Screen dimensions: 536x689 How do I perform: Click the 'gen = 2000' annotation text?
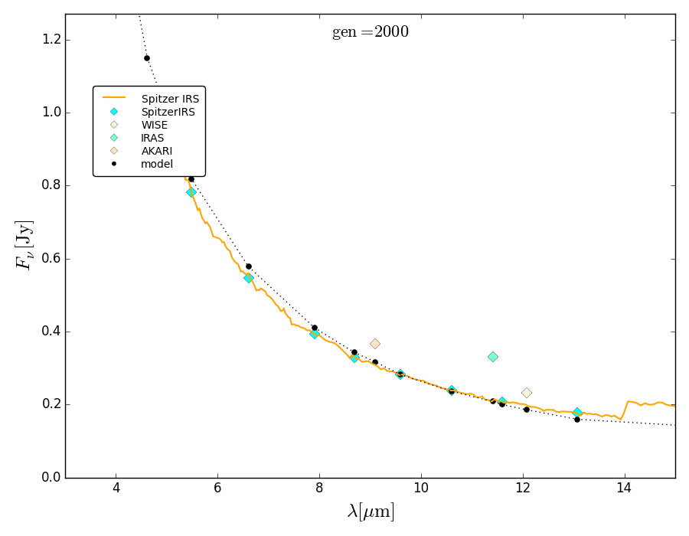click(370, 33)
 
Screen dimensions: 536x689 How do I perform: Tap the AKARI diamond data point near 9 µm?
click(375, 344)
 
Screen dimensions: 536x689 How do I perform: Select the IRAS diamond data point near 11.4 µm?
click(493, 357)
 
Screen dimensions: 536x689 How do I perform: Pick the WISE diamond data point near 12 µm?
click(527, 393)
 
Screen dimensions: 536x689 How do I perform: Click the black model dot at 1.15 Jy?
click(147, 58)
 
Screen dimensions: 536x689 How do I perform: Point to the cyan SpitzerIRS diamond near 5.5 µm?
click(191, 192)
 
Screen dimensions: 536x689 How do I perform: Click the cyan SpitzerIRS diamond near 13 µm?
click(577, 413)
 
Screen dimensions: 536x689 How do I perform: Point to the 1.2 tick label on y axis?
click(51, 40)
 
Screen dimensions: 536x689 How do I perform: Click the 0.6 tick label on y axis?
click(51, 259)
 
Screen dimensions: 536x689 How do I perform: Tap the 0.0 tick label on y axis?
click(51, 478)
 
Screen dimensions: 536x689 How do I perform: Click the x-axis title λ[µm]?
click(371, 511)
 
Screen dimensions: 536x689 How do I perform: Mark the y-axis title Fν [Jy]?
click(24, 244)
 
